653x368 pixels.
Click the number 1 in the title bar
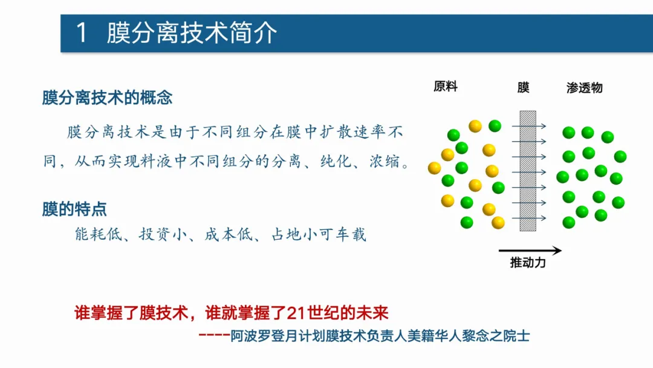82,33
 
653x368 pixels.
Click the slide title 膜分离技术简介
192,33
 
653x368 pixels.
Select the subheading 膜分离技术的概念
107,97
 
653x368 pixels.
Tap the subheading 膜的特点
74,209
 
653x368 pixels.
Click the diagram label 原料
446,87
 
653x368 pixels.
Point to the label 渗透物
584,88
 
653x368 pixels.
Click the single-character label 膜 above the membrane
524,88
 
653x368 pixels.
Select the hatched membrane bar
528,171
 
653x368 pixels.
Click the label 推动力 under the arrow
528,262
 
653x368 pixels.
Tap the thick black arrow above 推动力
530,251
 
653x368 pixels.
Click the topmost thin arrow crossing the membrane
529,126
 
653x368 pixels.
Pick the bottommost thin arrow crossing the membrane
529,218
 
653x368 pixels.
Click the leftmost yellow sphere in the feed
434,168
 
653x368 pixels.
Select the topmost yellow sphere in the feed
475,126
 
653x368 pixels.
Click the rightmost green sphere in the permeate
620,157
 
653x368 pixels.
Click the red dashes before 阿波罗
214,335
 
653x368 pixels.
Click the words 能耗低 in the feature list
99,234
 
